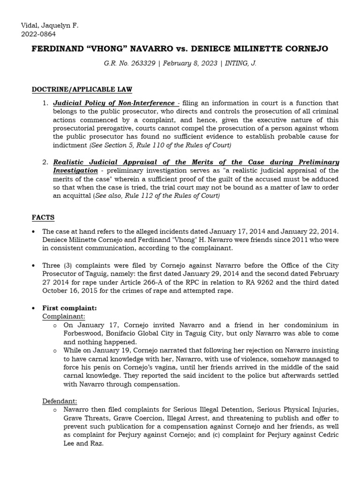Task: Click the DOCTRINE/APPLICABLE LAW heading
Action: coord(82,90)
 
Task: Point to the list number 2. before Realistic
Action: coord(45,162)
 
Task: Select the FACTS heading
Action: coord(43,217)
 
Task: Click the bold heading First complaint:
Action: coord(69,308)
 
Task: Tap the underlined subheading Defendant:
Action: coord(60,401)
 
